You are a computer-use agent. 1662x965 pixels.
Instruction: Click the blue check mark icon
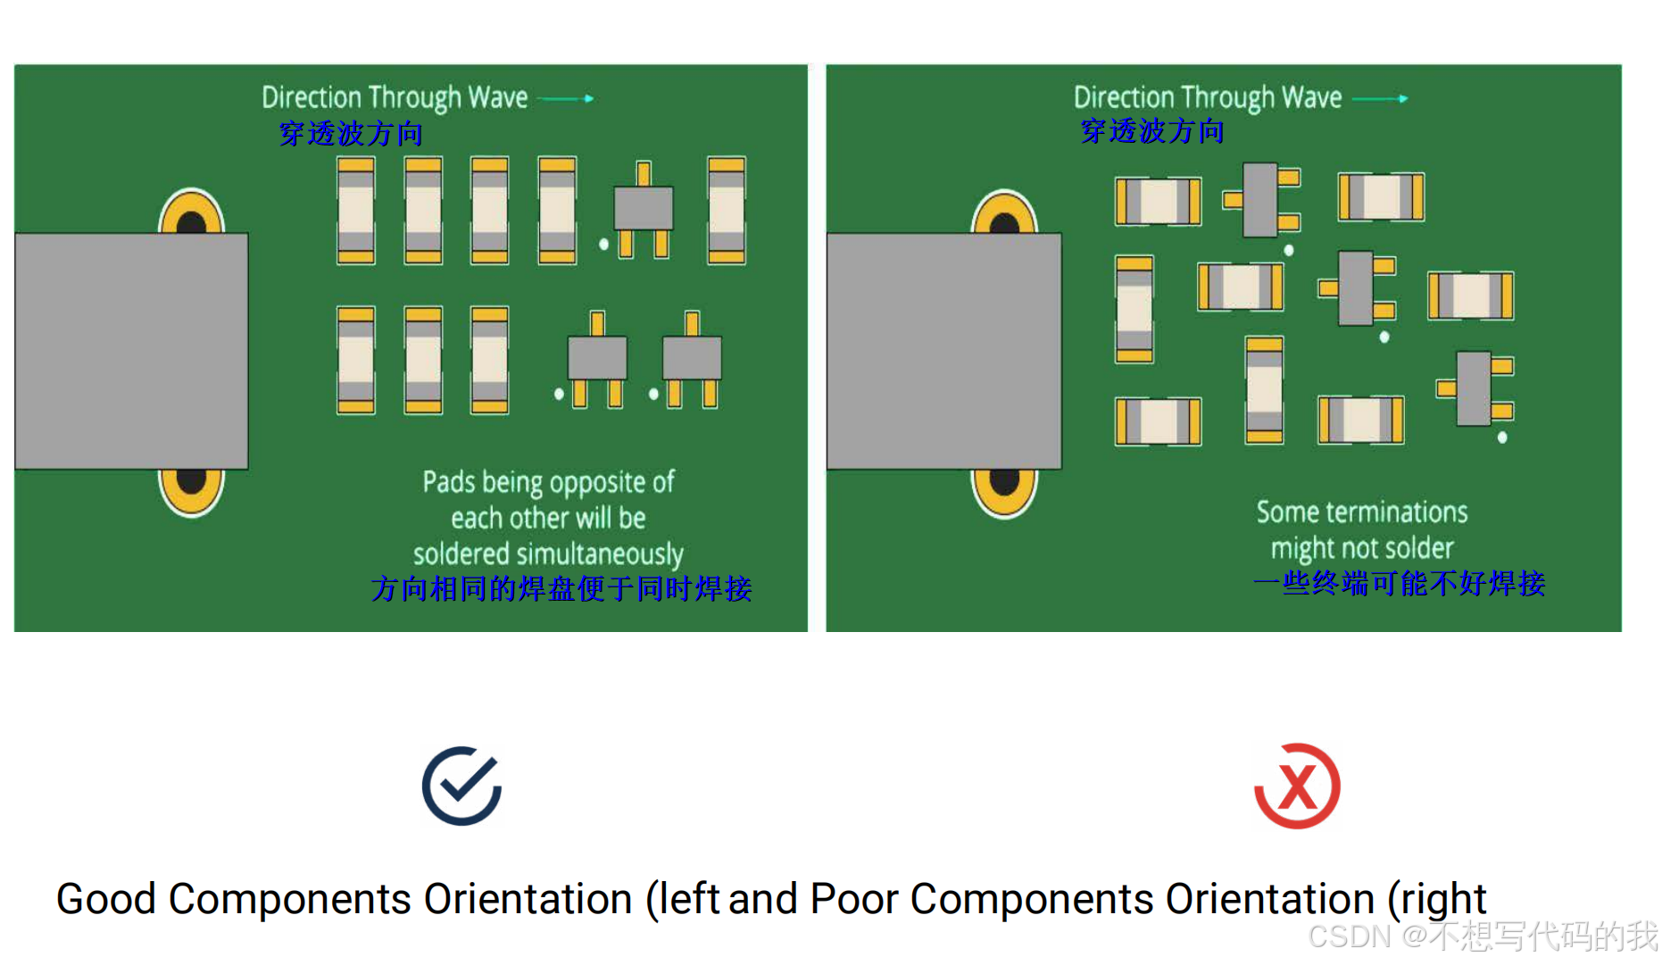pyautogui.click(x=461, y=786)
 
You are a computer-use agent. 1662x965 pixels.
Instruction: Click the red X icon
pyautogui.click(x=1297, y=786)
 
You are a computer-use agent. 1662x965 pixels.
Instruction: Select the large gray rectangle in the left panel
pyautogui.click(x=131, y=351)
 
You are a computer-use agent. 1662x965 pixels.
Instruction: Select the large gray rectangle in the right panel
pyautogui.click(x=943, y=351)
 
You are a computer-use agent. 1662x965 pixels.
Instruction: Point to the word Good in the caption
pyautogui.click(x=106, y=899)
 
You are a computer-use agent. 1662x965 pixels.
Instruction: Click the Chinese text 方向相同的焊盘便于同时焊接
pyautogui.click(x=561, y=589)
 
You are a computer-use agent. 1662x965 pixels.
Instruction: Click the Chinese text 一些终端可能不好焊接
pyautogui.click(x=1399, y=584)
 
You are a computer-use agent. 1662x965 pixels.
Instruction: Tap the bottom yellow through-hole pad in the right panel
pyautogui.click(x=1004, y=490)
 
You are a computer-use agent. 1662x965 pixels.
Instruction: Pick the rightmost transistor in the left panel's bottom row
pyautogui.click(x=692, y=359)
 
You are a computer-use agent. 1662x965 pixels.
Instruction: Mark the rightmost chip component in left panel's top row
pyautogui.click(x=727, y=211)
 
